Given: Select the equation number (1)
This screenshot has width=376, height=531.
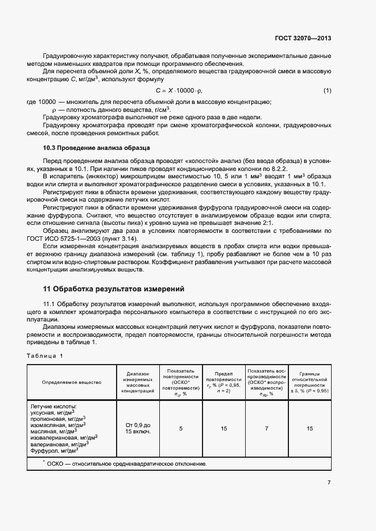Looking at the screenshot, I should [x=327, y=91].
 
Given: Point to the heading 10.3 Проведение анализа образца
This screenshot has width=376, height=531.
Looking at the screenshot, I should [x=97, y=148].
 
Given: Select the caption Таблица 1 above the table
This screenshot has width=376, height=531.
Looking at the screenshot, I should [x=46, y=356].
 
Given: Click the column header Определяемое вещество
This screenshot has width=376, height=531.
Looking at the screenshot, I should [x=72, y=382].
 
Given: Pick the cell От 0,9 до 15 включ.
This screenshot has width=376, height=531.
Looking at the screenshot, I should [x=138, y=428].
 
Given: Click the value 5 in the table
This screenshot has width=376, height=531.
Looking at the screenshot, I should [x=181, y=428].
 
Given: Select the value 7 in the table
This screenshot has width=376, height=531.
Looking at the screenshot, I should [x=266, y=428].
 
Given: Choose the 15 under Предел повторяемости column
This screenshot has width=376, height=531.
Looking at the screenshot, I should [x=224, y=428].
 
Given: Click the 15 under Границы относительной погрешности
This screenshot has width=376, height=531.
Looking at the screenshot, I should [x=309, y=428].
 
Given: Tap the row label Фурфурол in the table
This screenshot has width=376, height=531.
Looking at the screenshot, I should [x=54, y=450].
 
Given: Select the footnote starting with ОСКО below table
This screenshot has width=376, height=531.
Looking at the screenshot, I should [x=126, y=463].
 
